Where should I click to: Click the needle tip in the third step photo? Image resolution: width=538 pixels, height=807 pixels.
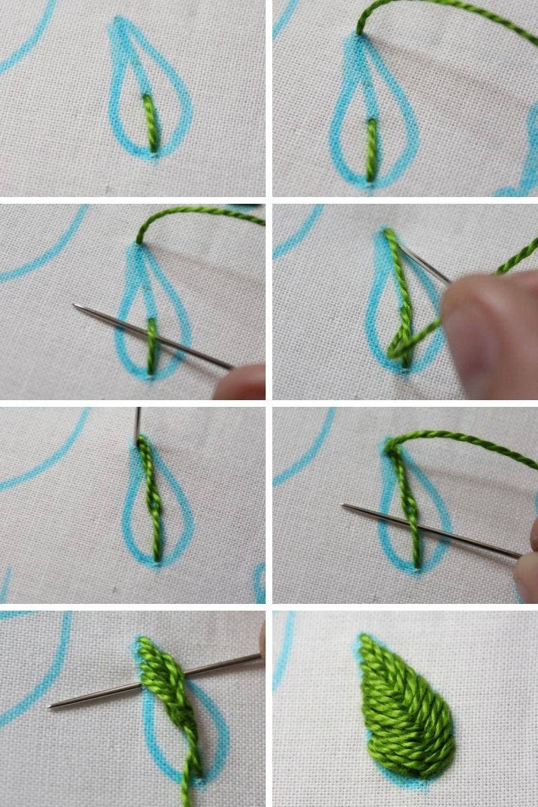tap(76, 306)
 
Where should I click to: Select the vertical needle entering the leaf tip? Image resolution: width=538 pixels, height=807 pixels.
tap(137, 424)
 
